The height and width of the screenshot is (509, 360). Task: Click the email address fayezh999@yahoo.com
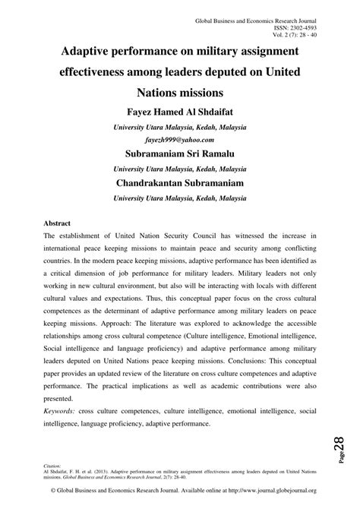(179, 140)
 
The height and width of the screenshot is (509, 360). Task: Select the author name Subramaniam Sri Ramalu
(179, 154)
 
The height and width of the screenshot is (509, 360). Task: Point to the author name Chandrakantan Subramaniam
(179, 182)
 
